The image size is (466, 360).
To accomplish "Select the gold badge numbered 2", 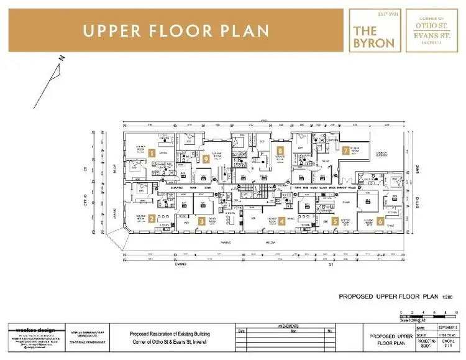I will (x=152, y=218).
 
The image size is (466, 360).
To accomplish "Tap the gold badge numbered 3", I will (x=201, y=221).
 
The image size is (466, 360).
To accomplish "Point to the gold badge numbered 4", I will (x=281, y=221).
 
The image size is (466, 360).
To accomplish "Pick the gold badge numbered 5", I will (x=335, y=221).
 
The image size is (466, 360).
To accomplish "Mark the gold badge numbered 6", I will (x=380, y=221).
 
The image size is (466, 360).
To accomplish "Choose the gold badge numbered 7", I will (x=345, y=150).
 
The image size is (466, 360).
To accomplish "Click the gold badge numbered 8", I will (x=281, y=150).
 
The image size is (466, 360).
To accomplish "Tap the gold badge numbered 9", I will (x=206, y=159).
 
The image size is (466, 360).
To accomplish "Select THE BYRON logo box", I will (x=374, y=30).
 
